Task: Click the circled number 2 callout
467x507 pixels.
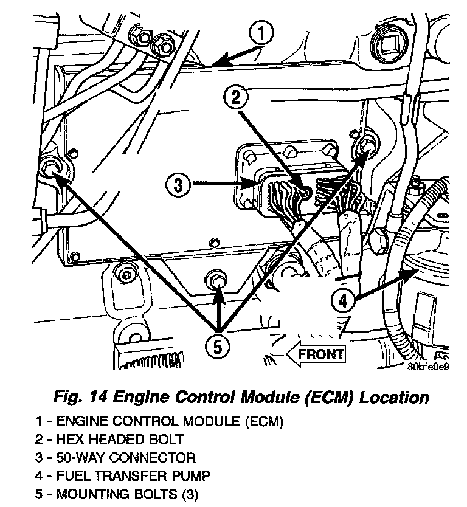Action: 237,97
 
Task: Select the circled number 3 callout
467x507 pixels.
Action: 178,184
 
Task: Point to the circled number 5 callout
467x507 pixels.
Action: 217,348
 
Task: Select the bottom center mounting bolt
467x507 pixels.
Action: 216,280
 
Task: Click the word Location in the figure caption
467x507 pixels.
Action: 394,398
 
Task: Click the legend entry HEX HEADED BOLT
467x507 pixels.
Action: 109,439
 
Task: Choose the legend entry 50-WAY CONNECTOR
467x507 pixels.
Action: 115,457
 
